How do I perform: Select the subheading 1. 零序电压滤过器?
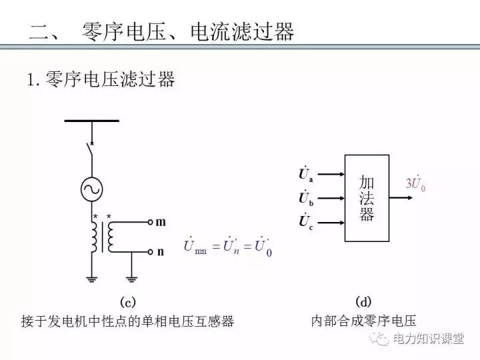(101, 80)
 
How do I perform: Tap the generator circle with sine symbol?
(92, 190)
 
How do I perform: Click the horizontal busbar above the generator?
(92, 121)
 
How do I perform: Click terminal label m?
(160, 223)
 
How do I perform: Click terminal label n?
(160, 252)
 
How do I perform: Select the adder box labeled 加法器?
(366, 198)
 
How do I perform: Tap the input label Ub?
(307, 198)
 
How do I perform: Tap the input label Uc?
(307, 221)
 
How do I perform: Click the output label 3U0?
(416, 183)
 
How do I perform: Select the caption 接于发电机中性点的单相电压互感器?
(128, 321)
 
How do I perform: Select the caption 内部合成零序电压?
(363, 321)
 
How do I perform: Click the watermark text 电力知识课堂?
(428, 339)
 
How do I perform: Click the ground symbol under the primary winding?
(92, 277)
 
